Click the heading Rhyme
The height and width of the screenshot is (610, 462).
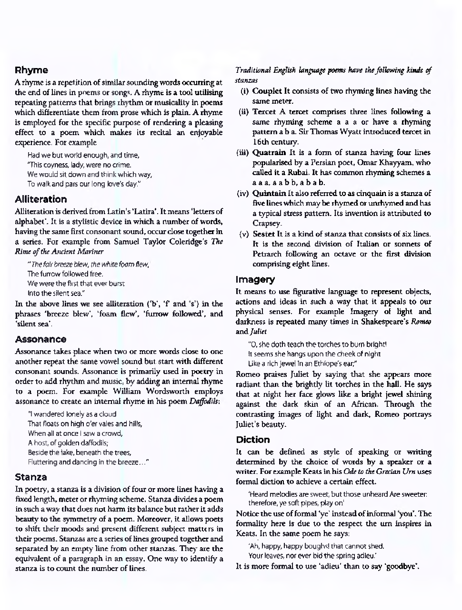click(x=31, y=70)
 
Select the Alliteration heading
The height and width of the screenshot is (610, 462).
click(x=41, y=199)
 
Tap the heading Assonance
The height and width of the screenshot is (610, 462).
click(x=40, y=339)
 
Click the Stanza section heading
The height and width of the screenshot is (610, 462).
click(x=31, y=477)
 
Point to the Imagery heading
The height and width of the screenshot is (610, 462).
click(x=255, y=279)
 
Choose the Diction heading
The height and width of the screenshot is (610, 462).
click(x=252, y=439)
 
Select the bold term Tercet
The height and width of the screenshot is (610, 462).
click(x=264, y=112)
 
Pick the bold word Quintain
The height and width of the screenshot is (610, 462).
click(x=270, y=193)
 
